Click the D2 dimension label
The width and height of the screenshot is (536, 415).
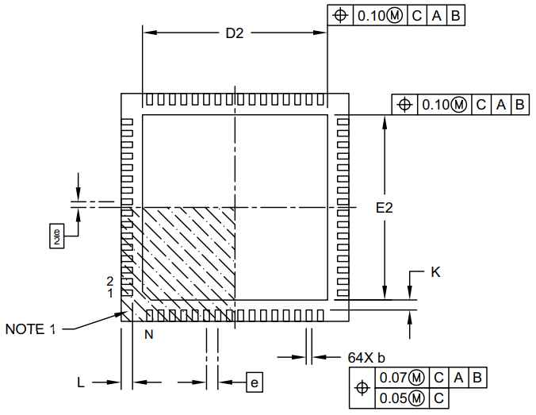click(234, 33)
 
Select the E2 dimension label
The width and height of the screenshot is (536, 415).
click(385, 208)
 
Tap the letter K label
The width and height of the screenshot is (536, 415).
click(435, 272)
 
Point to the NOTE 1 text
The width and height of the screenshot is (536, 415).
click(31, 329)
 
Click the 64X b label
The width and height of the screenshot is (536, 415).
click(366, 357)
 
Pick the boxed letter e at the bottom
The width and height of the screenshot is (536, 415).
click(255, 382)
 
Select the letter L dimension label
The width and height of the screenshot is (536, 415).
click(81, 382)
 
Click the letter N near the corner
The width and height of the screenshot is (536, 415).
click(148, 335)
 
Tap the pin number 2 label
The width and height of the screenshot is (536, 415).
click(111, 281)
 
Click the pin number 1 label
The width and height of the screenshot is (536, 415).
click(111, 293)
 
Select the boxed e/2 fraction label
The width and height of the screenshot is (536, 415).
click(56, 236)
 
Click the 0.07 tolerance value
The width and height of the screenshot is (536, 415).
click(394, 377)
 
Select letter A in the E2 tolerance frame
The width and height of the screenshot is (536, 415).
click(501, 104)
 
